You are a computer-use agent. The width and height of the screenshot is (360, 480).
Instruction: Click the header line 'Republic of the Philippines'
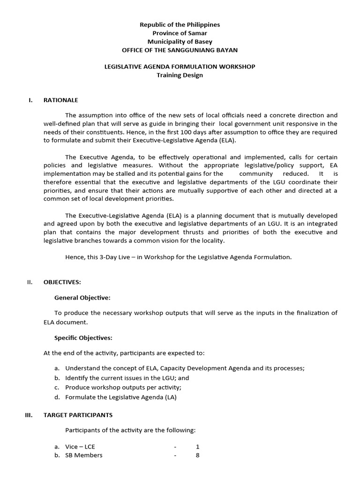180,24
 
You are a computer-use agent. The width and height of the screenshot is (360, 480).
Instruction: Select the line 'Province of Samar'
180,33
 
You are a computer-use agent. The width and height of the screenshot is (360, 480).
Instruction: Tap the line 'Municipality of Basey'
180,41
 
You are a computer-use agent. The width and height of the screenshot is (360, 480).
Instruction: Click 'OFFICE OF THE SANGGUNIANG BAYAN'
180,50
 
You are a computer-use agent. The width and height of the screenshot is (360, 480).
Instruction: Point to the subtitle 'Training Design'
180,75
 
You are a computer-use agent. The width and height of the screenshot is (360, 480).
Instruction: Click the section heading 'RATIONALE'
61,100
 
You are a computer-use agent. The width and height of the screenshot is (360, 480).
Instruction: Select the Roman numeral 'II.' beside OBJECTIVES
30,282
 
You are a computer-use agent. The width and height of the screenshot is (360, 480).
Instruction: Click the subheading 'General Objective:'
82,297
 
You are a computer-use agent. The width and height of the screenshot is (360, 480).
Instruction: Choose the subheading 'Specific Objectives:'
83,337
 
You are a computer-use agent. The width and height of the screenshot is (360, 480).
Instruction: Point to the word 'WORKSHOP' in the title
238,67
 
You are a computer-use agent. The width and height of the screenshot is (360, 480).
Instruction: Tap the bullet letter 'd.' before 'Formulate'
57,397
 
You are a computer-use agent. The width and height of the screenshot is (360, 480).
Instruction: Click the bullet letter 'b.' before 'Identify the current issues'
57,378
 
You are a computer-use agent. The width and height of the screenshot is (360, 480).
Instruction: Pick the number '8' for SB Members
198,455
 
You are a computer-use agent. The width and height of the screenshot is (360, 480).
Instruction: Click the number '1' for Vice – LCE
198,447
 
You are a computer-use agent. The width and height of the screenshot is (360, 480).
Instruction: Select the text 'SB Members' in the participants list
84,455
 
